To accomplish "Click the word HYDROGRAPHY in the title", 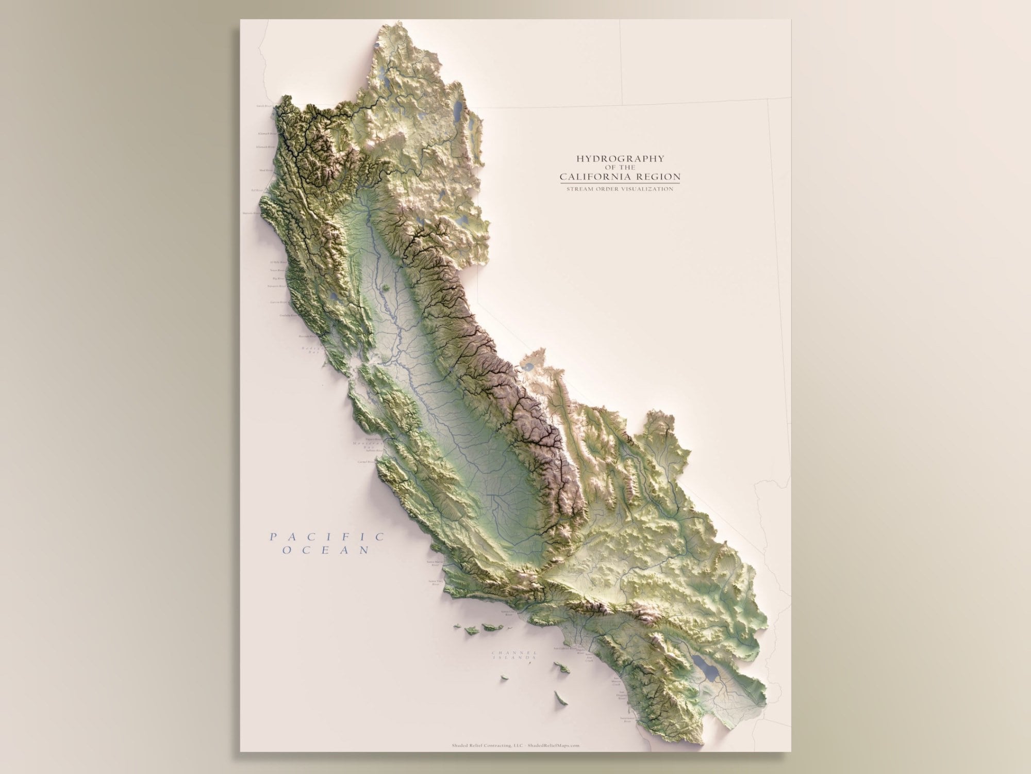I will tap(620, 158).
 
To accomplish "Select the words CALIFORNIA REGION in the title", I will tap(620, 177).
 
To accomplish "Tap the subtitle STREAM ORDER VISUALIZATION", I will tap(620, 189).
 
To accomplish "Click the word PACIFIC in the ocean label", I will tap(327, 537).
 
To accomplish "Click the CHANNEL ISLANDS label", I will tap(515, 655).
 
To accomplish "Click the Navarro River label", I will tap(276, 286).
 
